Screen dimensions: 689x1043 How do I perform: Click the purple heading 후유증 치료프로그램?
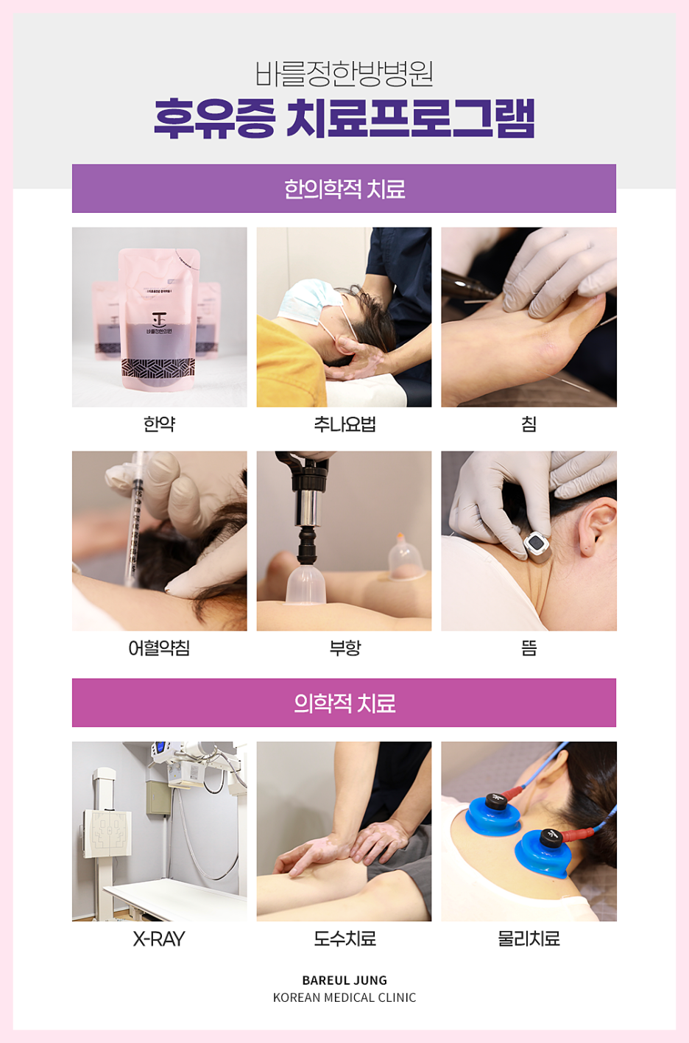[344, 119]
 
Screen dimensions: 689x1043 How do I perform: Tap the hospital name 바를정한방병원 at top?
[344, 74]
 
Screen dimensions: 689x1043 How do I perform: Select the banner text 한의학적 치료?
[344, 189]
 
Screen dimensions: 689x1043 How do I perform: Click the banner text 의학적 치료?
[344, 703]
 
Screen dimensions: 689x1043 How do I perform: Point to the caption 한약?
[159, 424]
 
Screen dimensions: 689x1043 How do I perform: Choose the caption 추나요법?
[344, 424]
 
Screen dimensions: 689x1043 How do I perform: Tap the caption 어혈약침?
[159, 647]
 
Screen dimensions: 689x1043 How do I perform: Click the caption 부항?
[344, 647]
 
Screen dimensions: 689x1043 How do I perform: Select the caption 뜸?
[529, 647]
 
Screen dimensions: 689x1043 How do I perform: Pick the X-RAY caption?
[159, 938]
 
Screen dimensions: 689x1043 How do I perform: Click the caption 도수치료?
[344, 938]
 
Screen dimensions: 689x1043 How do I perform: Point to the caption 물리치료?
[529, 938]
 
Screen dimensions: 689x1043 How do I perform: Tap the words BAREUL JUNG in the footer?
[344, 980]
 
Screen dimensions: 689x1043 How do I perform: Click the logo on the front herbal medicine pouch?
[159, 319]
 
